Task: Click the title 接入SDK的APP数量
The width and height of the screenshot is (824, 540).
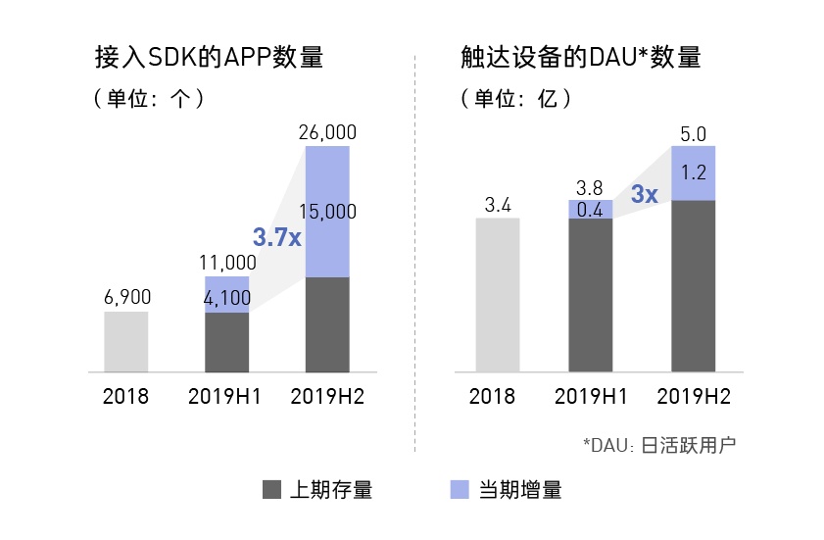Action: click(209, 56)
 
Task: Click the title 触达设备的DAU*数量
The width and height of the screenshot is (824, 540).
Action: click(581, 56)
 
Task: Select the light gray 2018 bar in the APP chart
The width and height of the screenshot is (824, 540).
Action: click(126, 342)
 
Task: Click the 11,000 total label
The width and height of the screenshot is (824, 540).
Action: click(227, 263)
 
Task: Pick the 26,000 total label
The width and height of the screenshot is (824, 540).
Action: click(327, 132)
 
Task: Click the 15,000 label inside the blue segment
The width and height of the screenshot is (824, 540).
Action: click(327, 212)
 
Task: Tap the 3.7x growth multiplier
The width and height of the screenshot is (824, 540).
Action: click(275, 236)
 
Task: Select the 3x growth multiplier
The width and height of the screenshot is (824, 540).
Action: click(643, 194)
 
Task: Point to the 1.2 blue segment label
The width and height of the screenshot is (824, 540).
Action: click(693, 172)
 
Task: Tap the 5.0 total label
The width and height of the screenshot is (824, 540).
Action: click(693, 132)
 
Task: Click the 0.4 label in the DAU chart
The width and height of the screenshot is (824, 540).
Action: click(590, 209)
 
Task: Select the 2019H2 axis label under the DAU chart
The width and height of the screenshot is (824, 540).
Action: click(693, 397)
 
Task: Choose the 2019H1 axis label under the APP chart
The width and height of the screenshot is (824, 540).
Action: click(227, 397)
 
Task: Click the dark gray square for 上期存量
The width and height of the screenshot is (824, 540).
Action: click(271, 489)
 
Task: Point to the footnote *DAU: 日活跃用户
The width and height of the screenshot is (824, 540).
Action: click(658, 444)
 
